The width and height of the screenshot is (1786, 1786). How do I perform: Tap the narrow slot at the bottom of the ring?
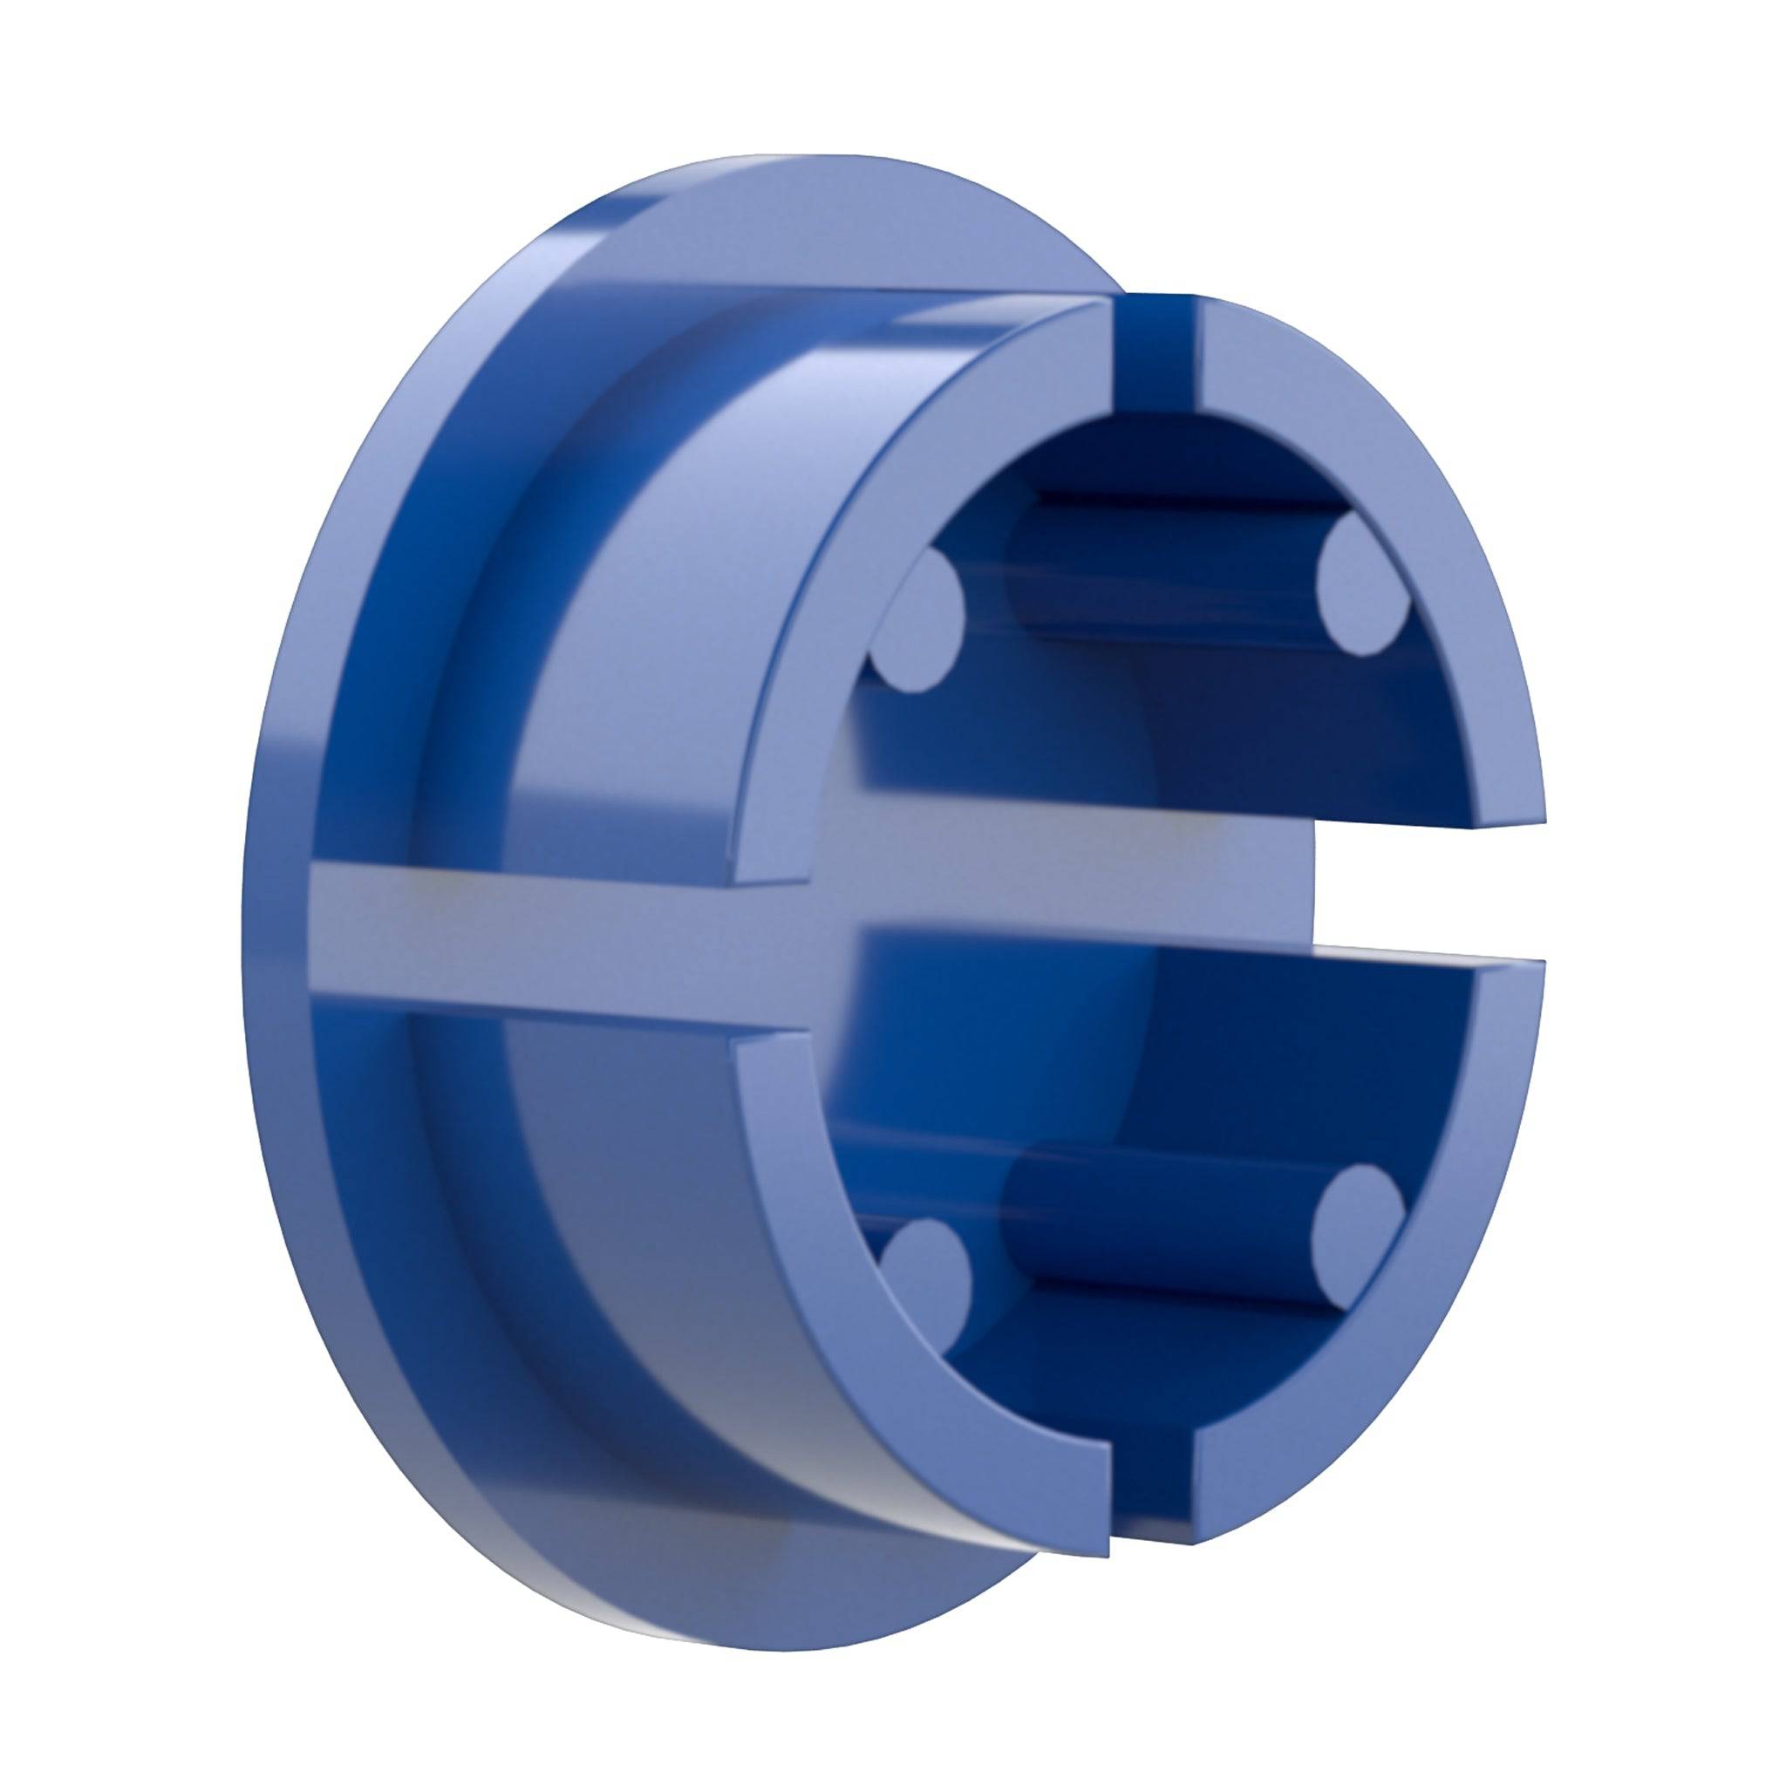click(1151, 1469)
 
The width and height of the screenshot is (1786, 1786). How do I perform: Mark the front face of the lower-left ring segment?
click(832, 1276)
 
